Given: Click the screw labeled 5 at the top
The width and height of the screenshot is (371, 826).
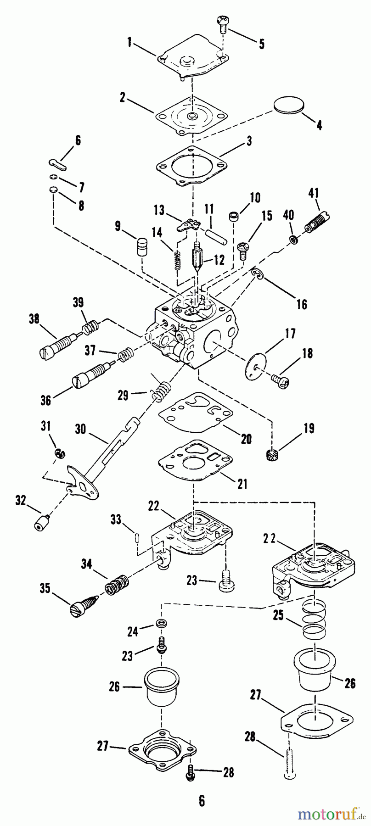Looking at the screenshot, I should coord(222,23).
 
